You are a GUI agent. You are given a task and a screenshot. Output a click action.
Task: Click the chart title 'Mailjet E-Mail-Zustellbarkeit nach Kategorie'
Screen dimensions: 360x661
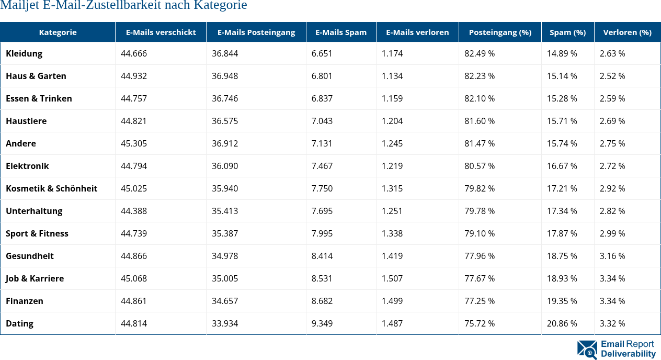[123, 6]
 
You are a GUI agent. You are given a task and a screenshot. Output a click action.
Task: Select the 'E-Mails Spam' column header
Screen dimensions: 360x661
[341, 32]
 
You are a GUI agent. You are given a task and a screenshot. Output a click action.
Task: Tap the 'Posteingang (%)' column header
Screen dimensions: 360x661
[500, 32]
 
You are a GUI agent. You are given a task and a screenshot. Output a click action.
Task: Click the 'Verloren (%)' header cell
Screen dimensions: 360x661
[627, 32]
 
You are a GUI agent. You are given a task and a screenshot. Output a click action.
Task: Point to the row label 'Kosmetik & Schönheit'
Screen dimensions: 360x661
[52, 188]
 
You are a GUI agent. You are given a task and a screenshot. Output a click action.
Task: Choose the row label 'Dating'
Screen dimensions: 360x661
[20, 323]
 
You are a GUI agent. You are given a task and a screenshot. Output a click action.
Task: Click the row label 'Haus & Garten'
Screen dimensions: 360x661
[36, 76]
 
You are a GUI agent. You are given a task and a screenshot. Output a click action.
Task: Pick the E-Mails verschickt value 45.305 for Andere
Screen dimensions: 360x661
[134, 143]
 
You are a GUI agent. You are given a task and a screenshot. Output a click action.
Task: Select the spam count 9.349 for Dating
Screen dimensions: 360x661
[322, 323]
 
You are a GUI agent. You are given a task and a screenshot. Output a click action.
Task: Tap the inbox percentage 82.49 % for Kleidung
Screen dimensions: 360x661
[480, 53]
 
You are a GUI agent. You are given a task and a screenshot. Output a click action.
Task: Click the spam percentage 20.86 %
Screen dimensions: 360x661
[562, 323]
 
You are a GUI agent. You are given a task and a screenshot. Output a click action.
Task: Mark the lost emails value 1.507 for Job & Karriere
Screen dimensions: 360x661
[392, 278]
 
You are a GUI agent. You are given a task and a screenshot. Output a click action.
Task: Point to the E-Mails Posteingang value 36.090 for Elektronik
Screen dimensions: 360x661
[225, 166]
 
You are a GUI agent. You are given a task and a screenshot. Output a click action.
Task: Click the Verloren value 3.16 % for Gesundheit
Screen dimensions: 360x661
[612, 256]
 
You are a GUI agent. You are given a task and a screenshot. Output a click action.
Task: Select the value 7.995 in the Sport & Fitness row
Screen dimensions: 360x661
[322, 233]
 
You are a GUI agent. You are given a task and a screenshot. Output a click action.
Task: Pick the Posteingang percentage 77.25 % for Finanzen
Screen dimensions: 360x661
[480, 301]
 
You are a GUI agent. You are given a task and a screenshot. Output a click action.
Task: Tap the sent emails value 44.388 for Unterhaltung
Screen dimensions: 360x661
[134, 211]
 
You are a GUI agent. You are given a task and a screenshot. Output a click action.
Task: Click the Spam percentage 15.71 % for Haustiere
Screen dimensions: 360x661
[562, 121]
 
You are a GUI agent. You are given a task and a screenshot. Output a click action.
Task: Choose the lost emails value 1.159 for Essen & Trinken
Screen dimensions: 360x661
[392, 98]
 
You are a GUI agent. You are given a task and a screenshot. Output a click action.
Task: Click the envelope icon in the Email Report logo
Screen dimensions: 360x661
[587, 350]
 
